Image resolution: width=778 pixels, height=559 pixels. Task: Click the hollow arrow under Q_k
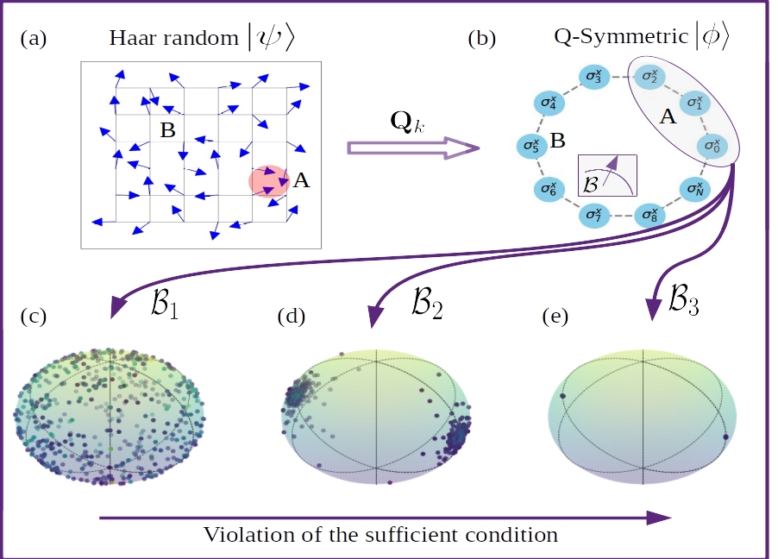tap(412, 148)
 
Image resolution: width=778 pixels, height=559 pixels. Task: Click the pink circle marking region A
tap(268, 181)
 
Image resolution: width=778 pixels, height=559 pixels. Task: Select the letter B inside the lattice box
tap(167, 130)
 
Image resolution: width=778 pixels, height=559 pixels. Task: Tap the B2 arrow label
tap(426, 305)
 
